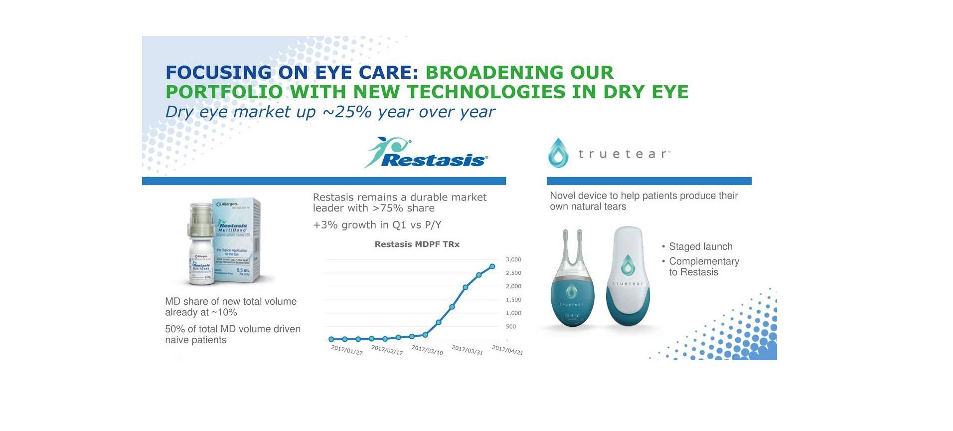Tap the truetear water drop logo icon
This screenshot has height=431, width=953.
pos(558,153)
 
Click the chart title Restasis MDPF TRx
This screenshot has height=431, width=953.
pos(417,244)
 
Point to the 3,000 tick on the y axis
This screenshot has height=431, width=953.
pos(513,260)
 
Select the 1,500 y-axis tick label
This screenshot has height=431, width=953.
pos(513,300)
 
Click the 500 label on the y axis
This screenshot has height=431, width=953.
pos(511,327)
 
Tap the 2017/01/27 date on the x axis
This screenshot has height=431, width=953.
pos(347,350)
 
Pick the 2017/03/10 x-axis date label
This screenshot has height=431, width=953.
pos(427,350)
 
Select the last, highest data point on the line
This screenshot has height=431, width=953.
pos(492,266)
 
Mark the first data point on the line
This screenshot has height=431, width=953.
pos(331,339)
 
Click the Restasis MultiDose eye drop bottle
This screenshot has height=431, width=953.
pos(202,249)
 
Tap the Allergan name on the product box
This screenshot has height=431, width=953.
pos(228,204)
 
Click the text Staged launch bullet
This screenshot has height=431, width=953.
pos(700,246)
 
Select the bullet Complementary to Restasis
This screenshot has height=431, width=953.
pos(703,266)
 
